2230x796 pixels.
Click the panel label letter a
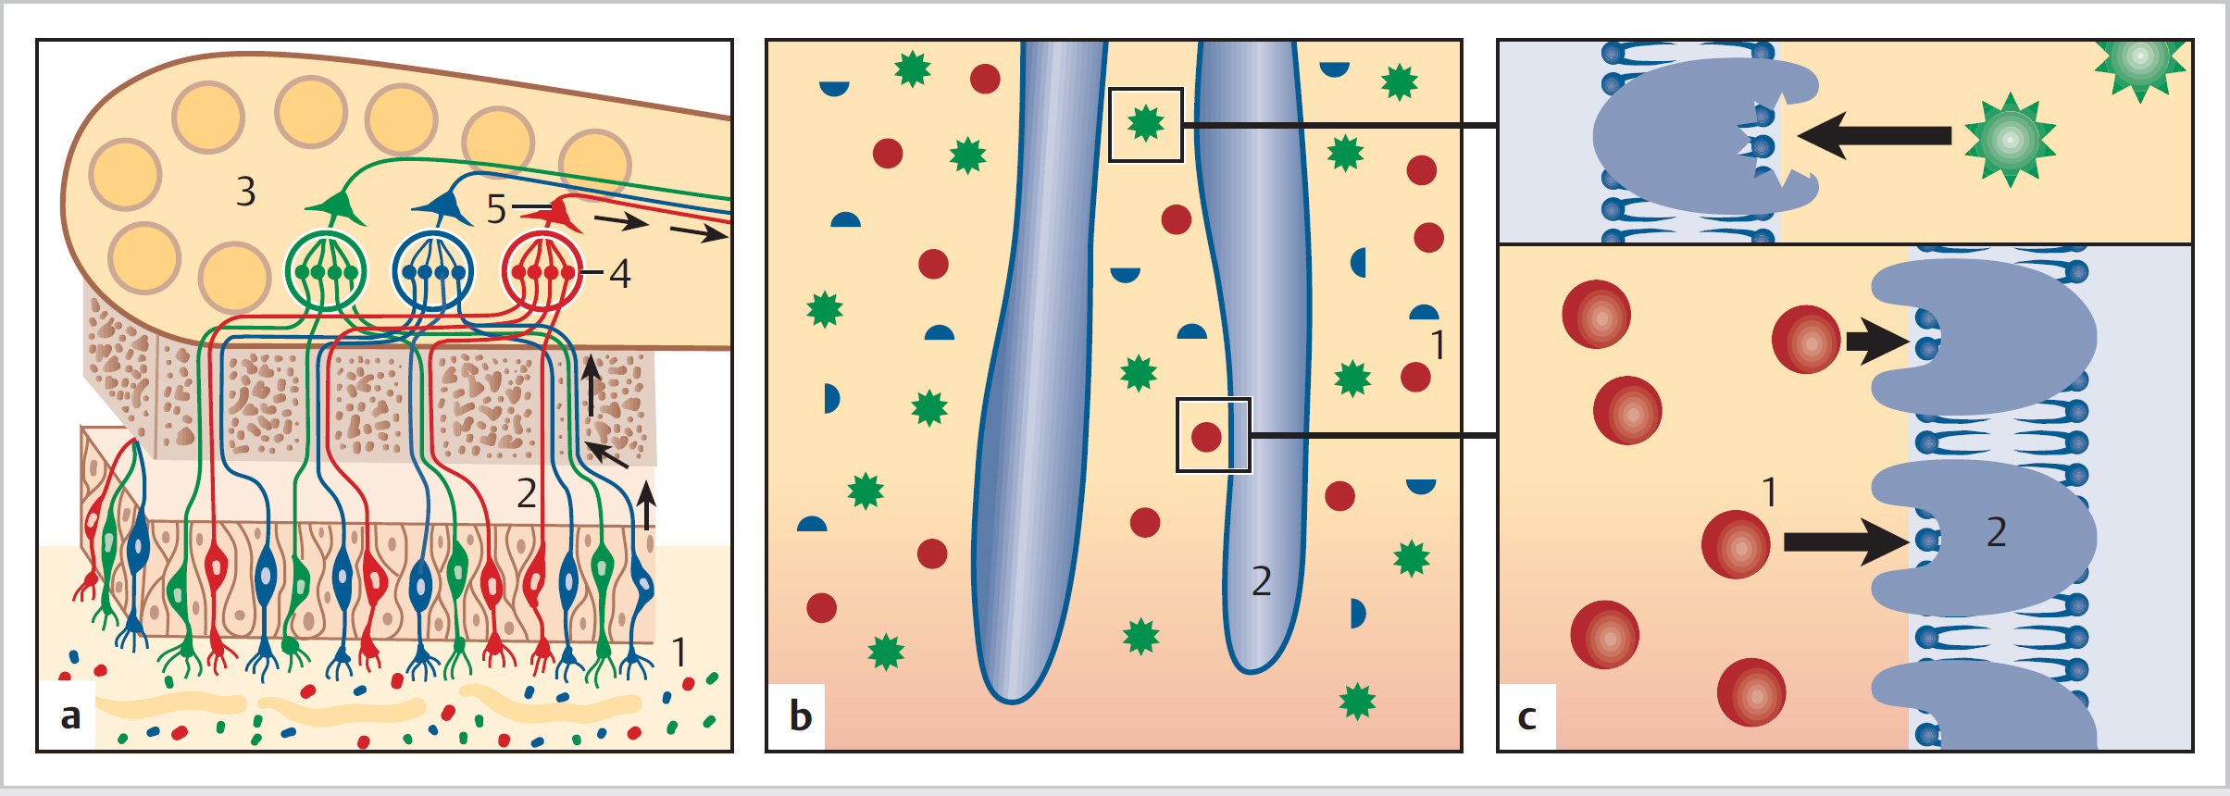point(70,716)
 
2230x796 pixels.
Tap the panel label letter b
point(801,716)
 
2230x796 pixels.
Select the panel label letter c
point(1527,716)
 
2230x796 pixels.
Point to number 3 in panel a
point(245,192)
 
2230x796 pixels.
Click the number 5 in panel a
point(497,210)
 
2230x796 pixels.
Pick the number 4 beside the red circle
point(619,274)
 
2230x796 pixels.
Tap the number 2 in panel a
point(526,493)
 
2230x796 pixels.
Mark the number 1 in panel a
point(679,653)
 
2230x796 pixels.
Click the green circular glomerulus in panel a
point(326,272)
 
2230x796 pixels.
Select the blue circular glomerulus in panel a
point(433,272)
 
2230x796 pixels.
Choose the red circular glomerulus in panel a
point(542,272)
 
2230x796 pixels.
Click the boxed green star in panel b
point(1146,123)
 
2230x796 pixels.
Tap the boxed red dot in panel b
point(1206,436)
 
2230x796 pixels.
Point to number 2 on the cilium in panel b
point(1261,581)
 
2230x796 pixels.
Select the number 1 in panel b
point(1438,345)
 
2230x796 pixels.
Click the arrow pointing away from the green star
point(1875,136)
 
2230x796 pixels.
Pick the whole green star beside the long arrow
point(2009,140)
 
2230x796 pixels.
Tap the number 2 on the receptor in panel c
point(1997,532)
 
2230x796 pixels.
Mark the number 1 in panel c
point(1769,492)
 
